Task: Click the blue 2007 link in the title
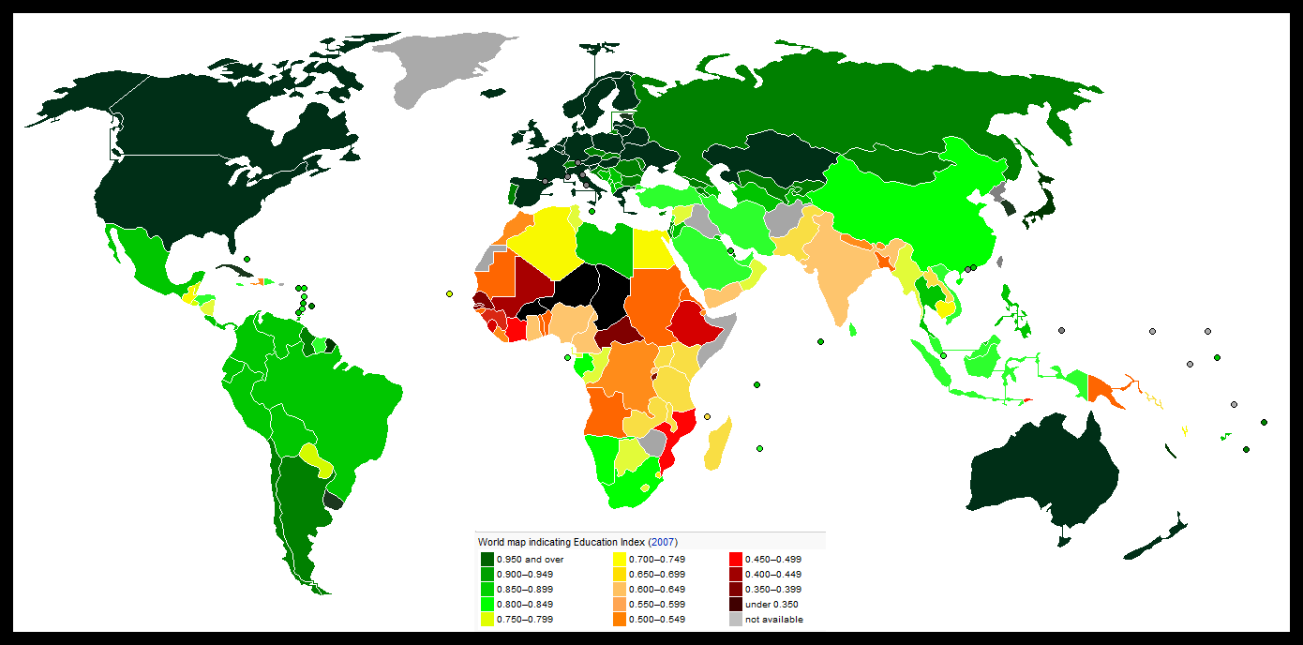(x=663, y=542)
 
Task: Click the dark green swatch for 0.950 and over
(x=487, y=559)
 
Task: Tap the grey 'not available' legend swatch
(x=736, y=619)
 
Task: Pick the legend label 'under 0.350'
(x=771, y=604)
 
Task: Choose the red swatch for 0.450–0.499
(x=736, y=559)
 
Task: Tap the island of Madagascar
(x=718, y=444)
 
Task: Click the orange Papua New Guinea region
(x=1106, y=388)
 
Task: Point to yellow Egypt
(x=652, y=249)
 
